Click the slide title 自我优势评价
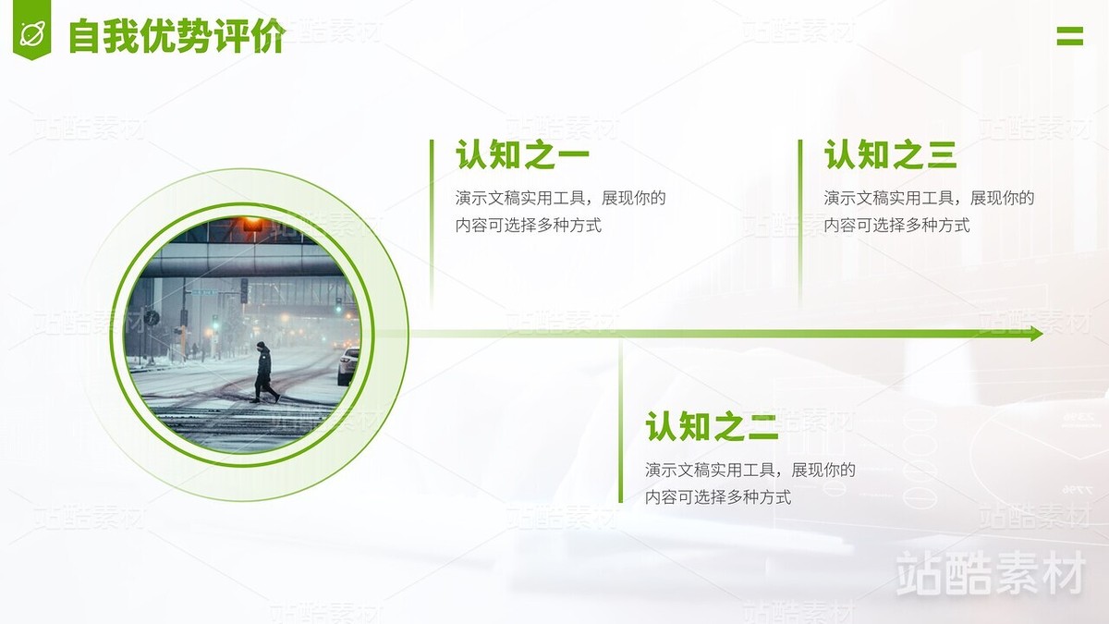coord(177,36)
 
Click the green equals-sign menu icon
coord(1069,36)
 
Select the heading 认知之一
coord(522,155)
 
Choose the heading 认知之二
coord(712,427)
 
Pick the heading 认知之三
coord(890,155)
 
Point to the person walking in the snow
coord(264,373)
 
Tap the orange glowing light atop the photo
coord(251,225)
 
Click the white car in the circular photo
coord(348,365)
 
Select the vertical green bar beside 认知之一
coord(432,222)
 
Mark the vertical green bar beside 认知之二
coord(621,421)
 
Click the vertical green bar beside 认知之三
coord(800,222)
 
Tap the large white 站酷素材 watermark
coord(990,573)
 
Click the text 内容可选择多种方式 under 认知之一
coord(529,225)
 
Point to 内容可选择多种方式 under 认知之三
coord(896,225)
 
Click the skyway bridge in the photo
coord(240,262)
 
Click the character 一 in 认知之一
coord(571,156)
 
